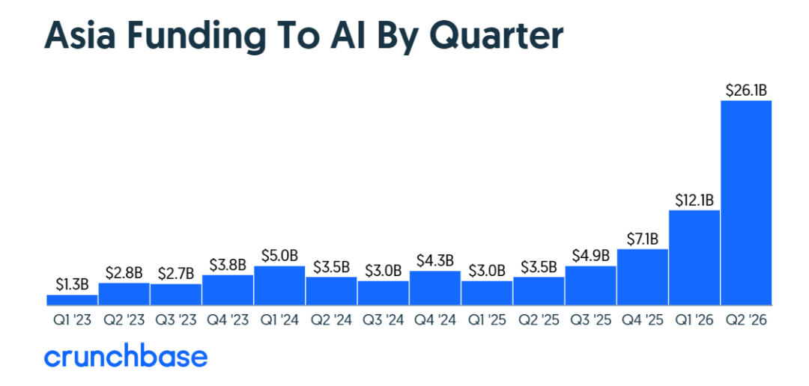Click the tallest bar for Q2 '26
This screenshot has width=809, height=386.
click(x=746, y=203)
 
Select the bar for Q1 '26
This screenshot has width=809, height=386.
click(x=694, y=257)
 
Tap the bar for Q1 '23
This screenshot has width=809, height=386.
click(x=72, y=300)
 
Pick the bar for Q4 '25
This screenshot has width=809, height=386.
click(x=643, y=278)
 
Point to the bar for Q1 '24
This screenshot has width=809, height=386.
click(x=279, y=286)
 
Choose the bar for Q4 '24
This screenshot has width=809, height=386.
click(x=435, y=288)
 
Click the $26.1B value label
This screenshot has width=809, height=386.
click(x=746, y=91)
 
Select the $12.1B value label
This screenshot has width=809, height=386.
click(x=694, y=200)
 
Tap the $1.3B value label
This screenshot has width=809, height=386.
click(x=72, y=285)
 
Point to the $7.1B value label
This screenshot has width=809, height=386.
click(x=643, y=239)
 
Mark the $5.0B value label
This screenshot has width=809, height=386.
click(x=279, y=256)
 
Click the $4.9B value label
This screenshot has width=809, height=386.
click(x=591, y=256)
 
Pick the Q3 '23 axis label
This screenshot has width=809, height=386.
click(x=176, y=321)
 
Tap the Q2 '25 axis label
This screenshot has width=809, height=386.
click(x=539, y=321)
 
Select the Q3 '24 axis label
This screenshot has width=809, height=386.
click(x=384, y=321)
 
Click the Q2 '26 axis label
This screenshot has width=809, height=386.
click(x=746, y=321)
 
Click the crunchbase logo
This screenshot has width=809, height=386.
click(x=126, y=357)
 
